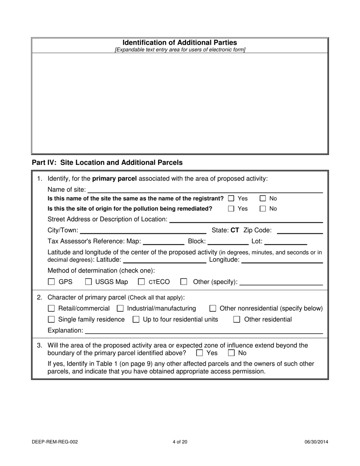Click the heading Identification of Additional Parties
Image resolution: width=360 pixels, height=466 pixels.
(180, 43)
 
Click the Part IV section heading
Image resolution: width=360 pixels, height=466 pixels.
(107, 163)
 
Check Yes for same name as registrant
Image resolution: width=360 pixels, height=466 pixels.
(231, 199)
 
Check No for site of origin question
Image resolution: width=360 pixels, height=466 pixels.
(263, 209)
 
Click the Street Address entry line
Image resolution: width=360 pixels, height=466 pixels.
(246, 219)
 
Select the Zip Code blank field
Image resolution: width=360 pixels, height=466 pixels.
(300, 231)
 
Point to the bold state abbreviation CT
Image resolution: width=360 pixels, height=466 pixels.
(235, 230)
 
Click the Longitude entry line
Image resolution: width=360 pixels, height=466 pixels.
(282, 260)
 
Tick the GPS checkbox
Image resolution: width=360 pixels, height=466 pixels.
(52, 282)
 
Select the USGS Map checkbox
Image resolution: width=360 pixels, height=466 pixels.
(88, 282)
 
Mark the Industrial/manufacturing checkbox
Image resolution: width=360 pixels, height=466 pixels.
(120, 309)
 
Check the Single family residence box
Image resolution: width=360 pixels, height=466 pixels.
(52, 320)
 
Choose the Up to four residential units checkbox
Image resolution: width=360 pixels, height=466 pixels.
(136, 320)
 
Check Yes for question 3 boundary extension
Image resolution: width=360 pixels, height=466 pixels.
(199, 353)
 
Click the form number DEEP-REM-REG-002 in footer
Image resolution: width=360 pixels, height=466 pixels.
(55, 442)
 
